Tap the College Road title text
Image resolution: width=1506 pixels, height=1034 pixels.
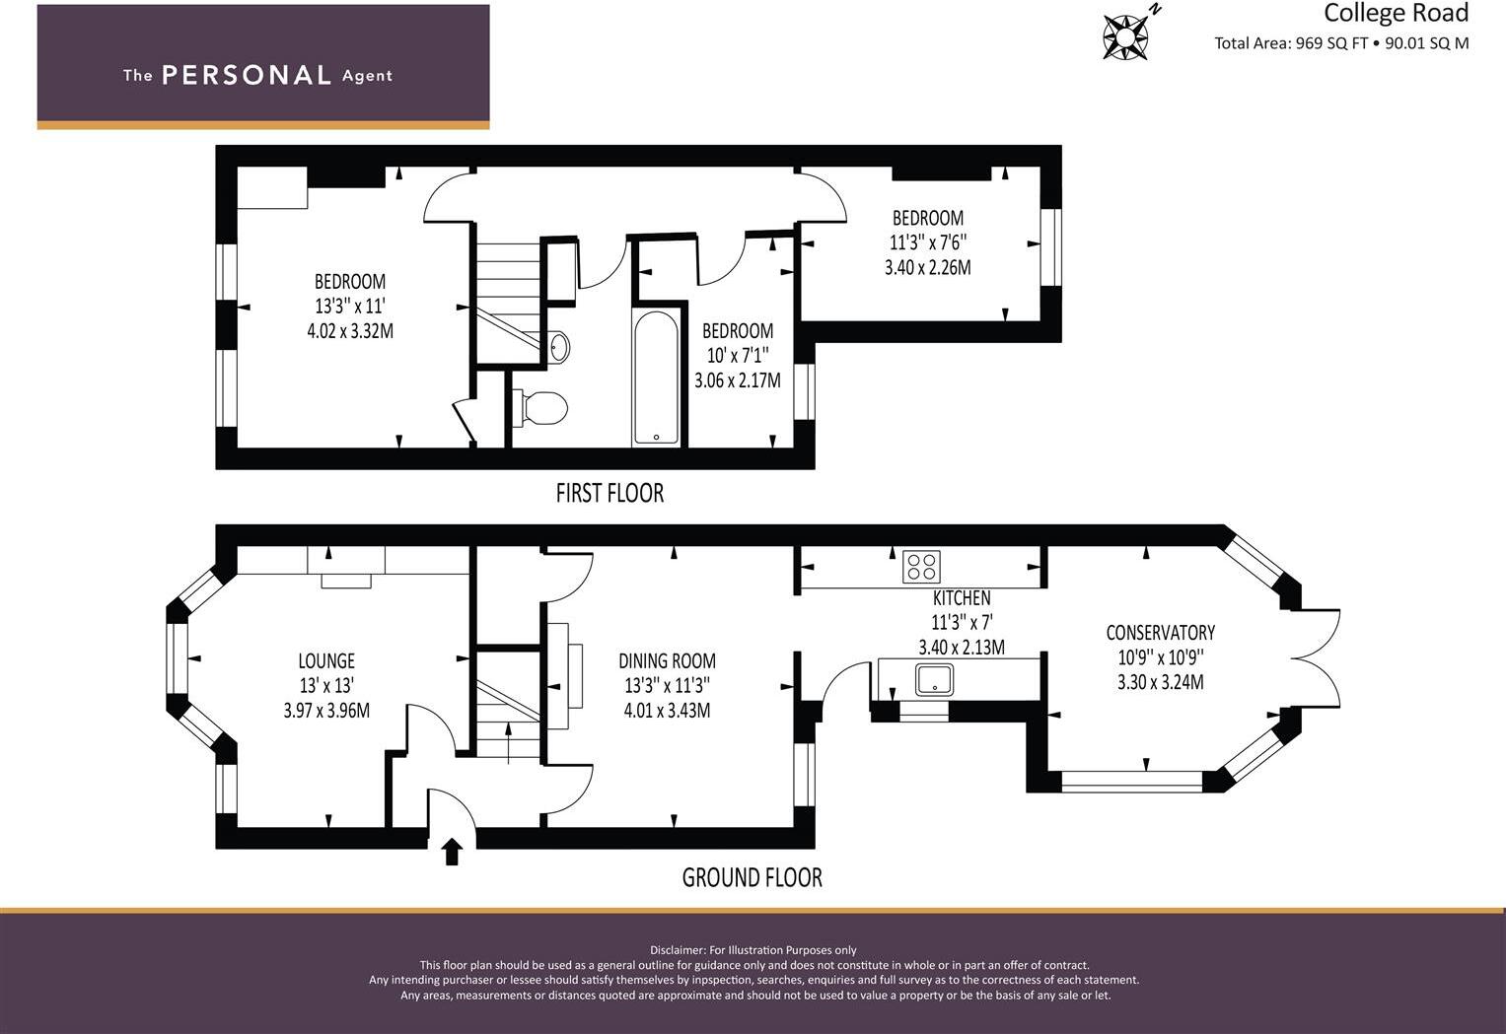pyautogui.click(x=1396, y=13)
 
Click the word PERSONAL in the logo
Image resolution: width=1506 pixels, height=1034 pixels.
pyautogui.click(x=246, y=75)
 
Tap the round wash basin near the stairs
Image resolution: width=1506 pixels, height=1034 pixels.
pyautogui.click(x=558, y=347)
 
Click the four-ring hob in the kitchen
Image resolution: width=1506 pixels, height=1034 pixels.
pyautogui.click(x=921, y=567)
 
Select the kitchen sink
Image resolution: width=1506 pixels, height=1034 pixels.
pyautogui.click(x=933, y=679)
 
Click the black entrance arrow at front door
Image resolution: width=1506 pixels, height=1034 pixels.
pyautogui.click(x=452, y=851)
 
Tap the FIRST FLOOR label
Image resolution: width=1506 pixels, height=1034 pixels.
pyautogui.click(x=610, y=493)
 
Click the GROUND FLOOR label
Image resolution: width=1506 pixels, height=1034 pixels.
pyautogui.click(x=752, y=877)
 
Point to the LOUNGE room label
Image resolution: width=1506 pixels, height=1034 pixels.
pyautogui.click(x=326, y=660)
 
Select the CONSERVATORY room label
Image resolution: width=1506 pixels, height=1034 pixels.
pyautogui.click(x=1160, y=633)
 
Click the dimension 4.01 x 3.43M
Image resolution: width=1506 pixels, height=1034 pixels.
pyautogui.click(x=667, y=711)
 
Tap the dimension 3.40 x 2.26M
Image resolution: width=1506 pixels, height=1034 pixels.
pyautogui.click(x=927, y=267)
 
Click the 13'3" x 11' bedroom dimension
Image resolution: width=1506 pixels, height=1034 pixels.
pyautogui.click(x=349, y=307)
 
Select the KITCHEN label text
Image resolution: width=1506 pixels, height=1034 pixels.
pyautogui.click(x=962, y=598)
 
